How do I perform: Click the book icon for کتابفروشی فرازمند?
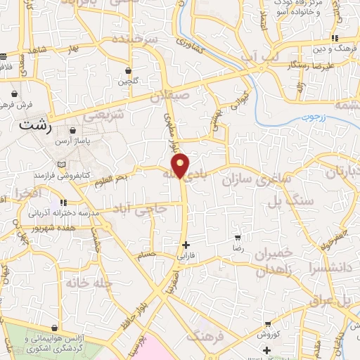coord(61,164)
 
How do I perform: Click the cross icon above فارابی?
coord(186,245)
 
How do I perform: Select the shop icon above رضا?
coord(239,238)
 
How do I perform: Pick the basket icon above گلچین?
coord(128,70)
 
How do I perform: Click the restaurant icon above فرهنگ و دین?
coord(336,38)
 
